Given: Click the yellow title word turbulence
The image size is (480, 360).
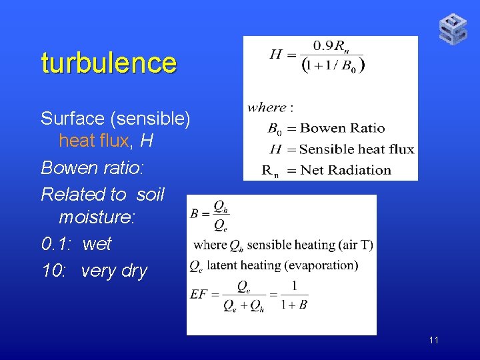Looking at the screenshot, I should click(109, 63).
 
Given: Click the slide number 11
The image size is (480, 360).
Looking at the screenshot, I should click(434, 341).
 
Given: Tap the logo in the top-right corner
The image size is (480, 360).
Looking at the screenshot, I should click(453, 29).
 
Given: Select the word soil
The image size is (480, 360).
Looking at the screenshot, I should click(151, 194).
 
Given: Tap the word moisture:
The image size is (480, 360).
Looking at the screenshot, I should click(97, 217).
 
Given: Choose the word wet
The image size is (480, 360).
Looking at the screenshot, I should click(97, 244).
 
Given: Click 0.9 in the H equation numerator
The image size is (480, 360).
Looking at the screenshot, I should click(323, 46).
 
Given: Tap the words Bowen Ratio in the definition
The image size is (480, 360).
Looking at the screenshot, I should click(342, 128).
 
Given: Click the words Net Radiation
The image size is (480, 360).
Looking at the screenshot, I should click(345, 170).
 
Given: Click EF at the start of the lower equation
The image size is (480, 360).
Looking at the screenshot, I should click(199, 293).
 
